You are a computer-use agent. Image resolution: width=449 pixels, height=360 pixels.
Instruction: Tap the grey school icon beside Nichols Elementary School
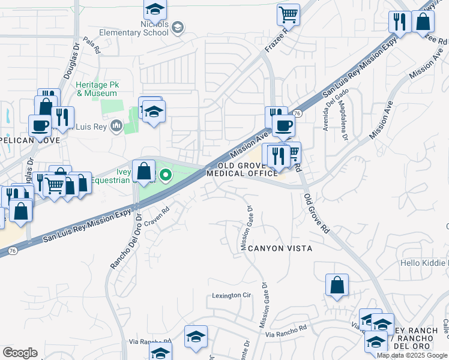coord(178,27)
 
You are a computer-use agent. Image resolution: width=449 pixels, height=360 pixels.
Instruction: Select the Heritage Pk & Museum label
coord(96,89)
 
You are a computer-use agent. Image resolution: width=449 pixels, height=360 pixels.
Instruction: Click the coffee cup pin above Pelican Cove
coord(40,126)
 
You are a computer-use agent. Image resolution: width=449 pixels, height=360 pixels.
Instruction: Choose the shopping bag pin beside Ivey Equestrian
coord(144,171)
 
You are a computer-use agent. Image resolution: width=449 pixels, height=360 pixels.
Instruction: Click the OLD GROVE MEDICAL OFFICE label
coord(243,169)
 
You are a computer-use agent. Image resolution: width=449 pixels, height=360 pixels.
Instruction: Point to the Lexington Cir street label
coord(231,296)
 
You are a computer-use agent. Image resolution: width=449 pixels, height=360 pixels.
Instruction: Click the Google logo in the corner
coord(20,353)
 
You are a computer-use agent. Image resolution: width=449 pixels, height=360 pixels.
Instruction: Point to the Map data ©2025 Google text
coord(412,355)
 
